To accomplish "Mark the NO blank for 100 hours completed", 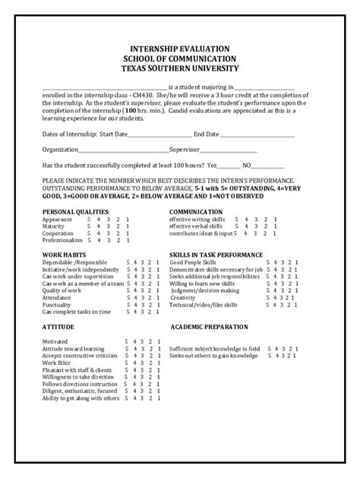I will pyautogui.click(x=272, y=165).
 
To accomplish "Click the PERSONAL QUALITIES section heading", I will pyautogui.click(x=76, y=211).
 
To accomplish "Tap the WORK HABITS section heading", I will pyautogui.click(x=64, y=254).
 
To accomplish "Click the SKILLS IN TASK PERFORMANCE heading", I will pyautogui.click(x=216, y=254).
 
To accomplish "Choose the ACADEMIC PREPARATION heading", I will pyautogui.click(x=209, y=326).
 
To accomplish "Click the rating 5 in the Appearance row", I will pyautogui.click(x=89, y=219).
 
